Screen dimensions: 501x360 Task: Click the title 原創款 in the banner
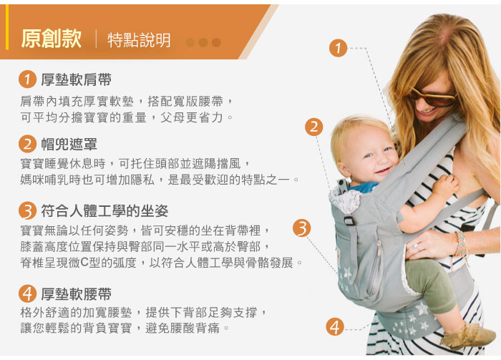[x=51, y=39]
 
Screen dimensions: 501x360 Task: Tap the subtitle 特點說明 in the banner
[x=139, y=40]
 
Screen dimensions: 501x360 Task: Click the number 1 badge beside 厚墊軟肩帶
[x=27, y=79]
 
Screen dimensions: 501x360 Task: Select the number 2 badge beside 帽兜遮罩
[x=27, y=144]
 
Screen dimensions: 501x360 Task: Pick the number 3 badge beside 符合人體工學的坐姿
[x=27, y=210]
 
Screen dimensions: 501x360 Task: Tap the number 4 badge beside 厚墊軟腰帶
[x=27, y=293]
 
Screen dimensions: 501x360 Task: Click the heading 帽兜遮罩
[x=69, y=144]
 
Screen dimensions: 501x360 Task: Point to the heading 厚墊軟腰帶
[x=76, y=294]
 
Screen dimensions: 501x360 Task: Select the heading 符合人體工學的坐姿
[x=104, y=211]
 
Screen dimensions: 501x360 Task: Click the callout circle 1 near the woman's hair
[x=338, y=48]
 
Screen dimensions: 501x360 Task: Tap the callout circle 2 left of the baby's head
[x=313, y=127]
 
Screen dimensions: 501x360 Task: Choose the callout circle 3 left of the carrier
[x=301, y=228]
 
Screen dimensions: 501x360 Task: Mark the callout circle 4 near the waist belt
[x=335, y=327]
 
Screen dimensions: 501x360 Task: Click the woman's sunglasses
[x=432, y=98]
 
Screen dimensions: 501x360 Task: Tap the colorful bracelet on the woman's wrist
[x=460, y=244]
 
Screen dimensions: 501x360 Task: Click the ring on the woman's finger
[x=415, y=246]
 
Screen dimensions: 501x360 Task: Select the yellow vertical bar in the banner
[x=7, y=26]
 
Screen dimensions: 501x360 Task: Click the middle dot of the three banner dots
[x=203, y=42]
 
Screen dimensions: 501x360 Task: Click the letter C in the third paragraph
[x=84, y=263]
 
